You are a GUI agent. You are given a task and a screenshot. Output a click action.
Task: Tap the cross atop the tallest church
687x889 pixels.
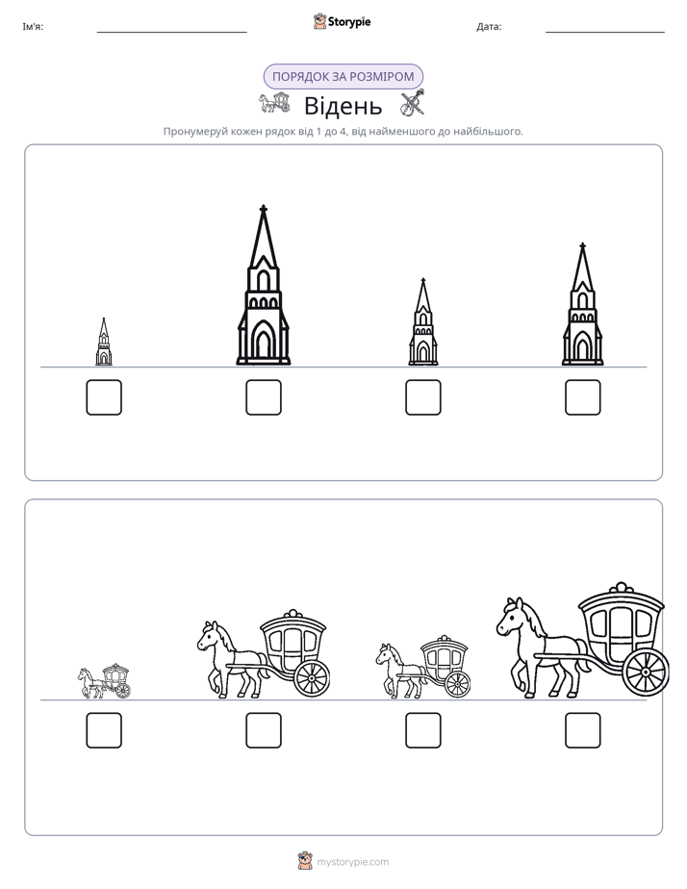263,209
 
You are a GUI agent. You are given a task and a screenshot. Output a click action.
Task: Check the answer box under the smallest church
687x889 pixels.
104,397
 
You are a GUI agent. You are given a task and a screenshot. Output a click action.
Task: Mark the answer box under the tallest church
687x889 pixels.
264,397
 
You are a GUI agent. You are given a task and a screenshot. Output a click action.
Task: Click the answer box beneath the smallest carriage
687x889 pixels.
104,730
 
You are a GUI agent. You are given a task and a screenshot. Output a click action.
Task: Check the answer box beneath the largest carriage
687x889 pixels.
583,730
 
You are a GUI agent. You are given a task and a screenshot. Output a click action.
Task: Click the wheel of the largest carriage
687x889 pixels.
646,673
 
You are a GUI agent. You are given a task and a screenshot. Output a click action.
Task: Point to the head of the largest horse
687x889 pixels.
510,617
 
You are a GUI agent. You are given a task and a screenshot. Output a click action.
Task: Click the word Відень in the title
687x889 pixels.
343,106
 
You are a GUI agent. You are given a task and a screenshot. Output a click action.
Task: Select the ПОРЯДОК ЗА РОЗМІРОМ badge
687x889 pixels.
343,77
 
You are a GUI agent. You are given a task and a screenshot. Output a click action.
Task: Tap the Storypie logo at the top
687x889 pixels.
342,21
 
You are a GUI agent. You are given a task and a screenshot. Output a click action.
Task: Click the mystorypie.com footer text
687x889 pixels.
352,862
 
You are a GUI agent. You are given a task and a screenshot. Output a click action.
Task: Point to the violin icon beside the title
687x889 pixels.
413,103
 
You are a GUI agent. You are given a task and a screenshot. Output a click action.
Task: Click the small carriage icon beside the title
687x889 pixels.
274,103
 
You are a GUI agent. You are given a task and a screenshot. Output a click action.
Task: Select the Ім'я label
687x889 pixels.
33,27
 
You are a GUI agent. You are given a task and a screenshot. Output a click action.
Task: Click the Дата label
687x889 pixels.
489,27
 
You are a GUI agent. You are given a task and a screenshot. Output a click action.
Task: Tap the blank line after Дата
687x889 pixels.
605,33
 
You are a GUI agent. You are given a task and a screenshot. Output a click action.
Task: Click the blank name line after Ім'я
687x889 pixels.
171,33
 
